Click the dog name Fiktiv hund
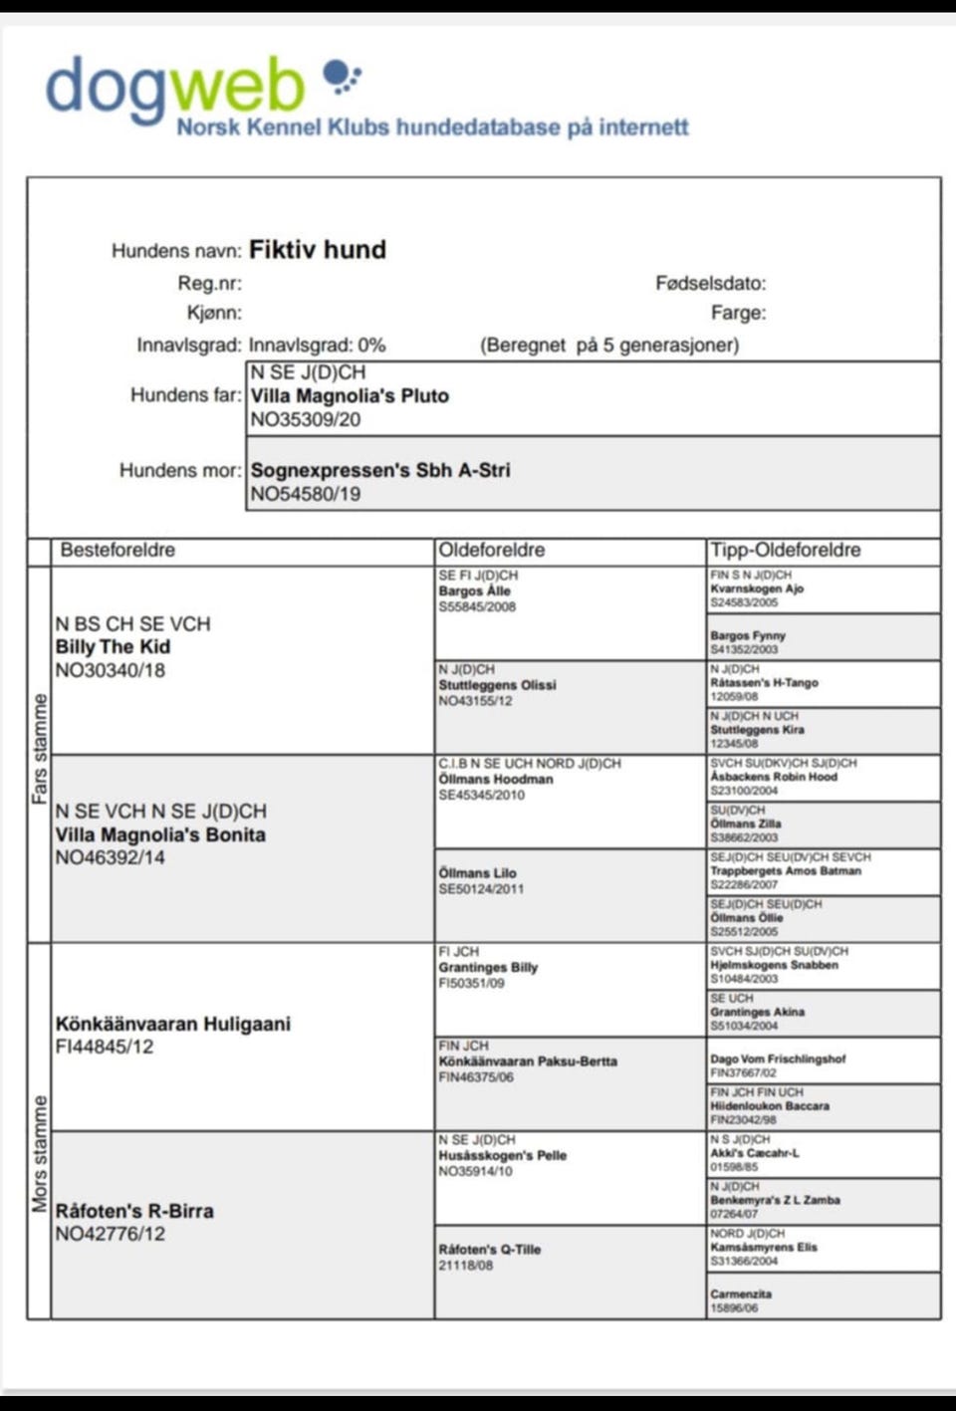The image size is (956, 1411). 317,250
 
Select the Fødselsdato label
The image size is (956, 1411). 710,284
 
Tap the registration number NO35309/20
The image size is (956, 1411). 306,420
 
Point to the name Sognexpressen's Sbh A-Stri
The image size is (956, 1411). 380,470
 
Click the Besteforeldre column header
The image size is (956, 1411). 118,551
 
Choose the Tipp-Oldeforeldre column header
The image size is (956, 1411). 785,551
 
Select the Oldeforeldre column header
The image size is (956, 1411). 491,551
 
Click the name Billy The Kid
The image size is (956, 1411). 113,647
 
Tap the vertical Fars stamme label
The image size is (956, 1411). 39,749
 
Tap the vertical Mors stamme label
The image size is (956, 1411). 39,1153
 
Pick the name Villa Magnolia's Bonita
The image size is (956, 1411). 160,834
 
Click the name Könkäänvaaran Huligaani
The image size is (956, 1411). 173,1024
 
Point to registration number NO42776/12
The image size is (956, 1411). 111,1235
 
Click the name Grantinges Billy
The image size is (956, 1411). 488,967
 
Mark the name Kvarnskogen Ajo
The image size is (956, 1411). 757,588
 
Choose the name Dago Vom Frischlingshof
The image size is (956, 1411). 778,1059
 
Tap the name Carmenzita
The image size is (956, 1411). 741,1294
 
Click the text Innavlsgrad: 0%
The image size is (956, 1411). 317,346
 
